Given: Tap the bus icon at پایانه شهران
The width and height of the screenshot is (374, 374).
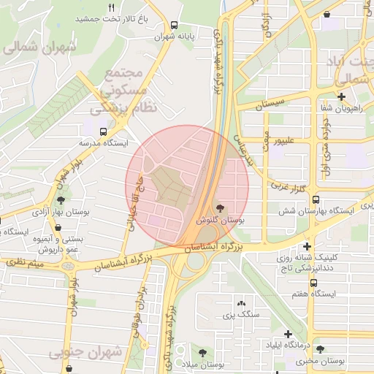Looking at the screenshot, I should coord(173,24).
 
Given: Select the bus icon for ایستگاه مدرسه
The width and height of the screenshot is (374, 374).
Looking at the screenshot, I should coord(102,131).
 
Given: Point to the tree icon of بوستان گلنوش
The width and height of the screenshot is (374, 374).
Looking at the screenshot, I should coord(221,208).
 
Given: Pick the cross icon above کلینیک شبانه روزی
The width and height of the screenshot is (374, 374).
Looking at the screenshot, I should coord(307,247).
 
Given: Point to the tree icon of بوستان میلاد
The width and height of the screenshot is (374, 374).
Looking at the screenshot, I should coord(202,352).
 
